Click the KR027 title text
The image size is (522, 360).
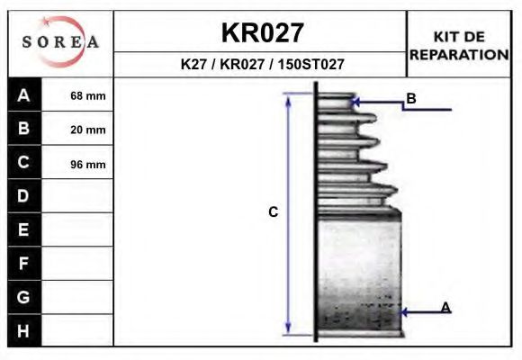[262, 32]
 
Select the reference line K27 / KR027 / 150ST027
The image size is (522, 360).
[262, 65]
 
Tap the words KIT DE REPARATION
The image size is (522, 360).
[459, 45]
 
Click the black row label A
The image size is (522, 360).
[24, 95]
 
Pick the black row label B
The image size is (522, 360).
[24, 129]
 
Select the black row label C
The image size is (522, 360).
[24, 163]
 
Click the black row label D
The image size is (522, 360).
[24, 196]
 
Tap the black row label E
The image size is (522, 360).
[24, 229]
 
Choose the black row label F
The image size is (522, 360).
[24, 264]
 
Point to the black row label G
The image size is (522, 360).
[24, 297]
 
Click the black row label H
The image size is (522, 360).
[24, 331]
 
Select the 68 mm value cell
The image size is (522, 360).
[88, 95]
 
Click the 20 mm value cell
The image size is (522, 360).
[88, 130]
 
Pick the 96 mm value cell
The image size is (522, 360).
[88, 164]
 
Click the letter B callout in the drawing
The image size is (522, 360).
[410, 98]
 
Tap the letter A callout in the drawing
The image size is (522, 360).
[445, 308]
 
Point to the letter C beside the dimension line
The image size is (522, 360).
[273, 212]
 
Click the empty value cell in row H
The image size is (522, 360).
[78, 331]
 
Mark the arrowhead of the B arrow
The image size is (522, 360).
[360, 104]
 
